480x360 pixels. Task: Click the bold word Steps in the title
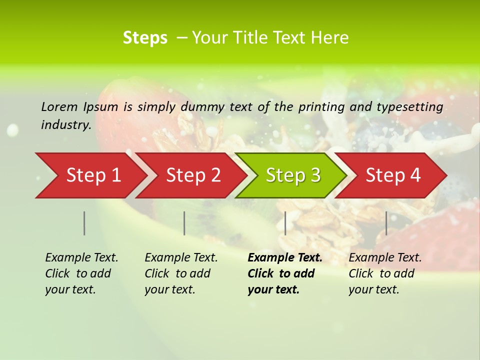pos(145,38)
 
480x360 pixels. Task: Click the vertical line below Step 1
pos(84,223)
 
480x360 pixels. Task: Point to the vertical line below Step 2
pos(184,223)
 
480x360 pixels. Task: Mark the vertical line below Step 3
pos(285,223)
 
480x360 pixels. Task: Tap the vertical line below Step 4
pos(386,223)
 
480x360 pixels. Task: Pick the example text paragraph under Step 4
pos(385,273)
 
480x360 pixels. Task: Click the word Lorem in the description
pos(59,106)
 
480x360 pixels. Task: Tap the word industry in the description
pos(65,125)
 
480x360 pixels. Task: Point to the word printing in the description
pos(317,107)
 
